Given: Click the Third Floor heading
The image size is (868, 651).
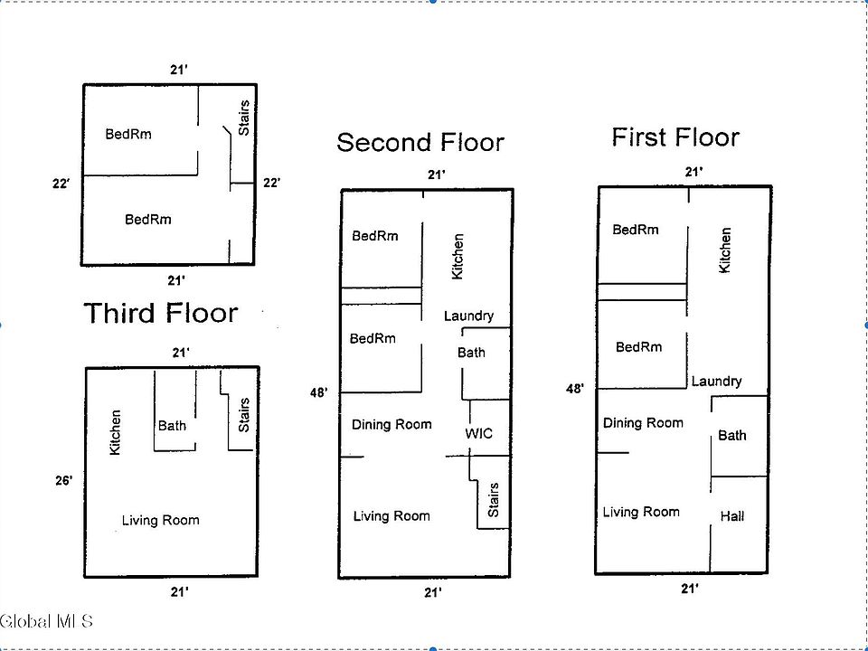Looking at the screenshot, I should (161, 314).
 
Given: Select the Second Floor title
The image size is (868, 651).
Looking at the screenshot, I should (420, 142).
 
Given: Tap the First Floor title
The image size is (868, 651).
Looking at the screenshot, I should (675, 137).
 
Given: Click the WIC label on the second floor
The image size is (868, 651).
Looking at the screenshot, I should (479, 433).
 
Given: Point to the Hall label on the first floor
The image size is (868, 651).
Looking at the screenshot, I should (732, 516).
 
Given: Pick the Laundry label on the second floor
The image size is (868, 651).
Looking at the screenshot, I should (468, 316).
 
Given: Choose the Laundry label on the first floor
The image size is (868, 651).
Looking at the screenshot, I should (716, 382).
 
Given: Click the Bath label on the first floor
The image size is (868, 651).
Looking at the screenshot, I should (732, 436).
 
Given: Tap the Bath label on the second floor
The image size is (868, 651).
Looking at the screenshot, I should (471, 353).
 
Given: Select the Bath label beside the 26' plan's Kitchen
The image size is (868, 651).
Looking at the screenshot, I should (172, 425).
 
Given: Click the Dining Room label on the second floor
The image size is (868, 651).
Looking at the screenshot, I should (392, 424).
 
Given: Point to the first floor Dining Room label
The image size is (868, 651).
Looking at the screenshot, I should (643, 423).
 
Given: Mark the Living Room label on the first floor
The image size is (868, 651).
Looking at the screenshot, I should (641, 512).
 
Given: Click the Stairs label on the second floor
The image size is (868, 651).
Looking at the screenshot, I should (494, 500).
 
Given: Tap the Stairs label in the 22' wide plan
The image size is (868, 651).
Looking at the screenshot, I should (243, 118).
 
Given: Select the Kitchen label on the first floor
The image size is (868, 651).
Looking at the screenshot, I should (725, 250).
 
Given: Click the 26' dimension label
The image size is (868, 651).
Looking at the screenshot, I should (63, 481).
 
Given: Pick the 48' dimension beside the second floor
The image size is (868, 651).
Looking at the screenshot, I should (319, 392).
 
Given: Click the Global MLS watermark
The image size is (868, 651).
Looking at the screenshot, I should (47, 621).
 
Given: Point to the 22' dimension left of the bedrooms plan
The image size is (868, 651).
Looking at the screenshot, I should (61, 184).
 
